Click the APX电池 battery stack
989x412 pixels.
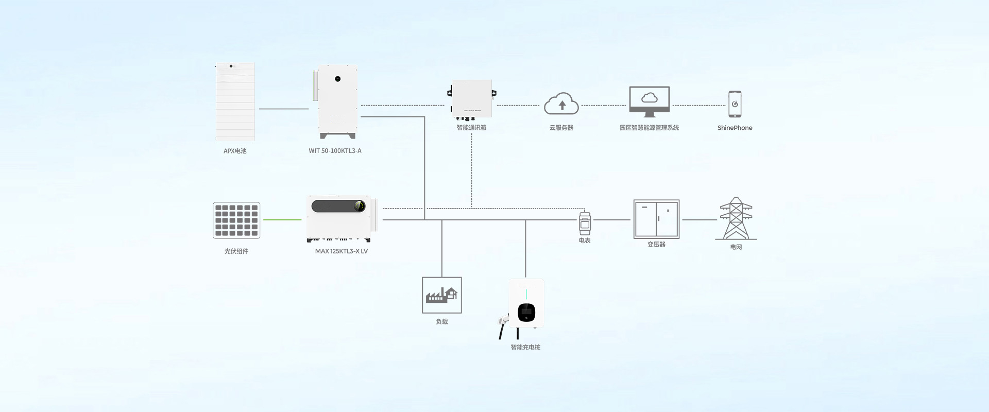pos(235,102)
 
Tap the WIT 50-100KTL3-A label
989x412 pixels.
pos(335,151)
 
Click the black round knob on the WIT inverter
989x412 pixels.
pos(338,79)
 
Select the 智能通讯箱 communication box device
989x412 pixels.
pos(471,99)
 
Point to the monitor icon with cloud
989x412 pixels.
pos(649,101)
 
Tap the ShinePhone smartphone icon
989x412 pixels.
pos(735,104)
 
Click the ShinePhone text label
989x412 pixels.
pos(735,128)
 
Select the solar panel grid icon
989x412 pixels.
pos(236,220)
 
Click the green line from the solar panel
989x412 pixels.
pos(282,220)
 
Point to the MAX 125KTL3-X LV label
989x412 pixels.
pos(341,251)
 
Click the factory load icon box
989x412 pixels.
pos(442,295)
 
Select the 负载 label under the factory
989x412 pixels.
pos(442,321)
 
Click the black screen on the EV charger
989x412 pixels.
pos(526,312)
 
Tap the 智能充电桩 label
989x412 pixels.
pos(525,347)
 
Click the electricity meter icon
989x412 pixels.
pos(585,224)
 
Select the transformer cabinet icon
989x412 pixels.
pos(656,219)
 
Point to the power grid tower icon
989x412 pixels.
pos(736,218)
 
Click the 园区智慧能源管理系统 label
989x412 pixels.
pos(649,128)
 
